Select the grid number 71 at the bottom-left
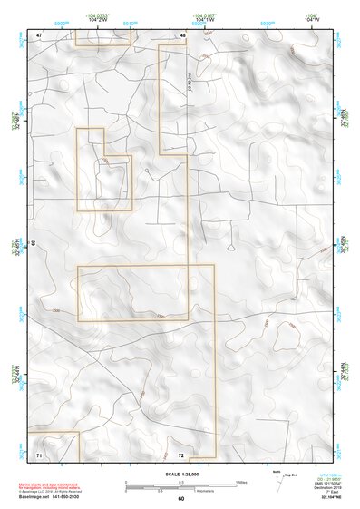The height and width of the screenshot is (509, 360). pos(39,454)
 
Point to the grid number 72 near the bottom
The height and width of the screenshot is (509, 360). pos(181,454)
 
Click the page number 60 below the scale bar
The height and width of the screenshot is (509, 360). pos(180,499)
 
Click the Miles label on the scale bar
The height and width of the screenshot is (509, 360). pos(240,482)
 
